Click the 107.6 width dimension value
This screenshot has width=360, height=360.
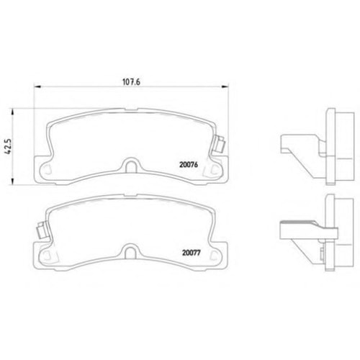pos(131,82)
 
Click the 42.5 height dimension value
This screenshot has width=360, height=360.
pos(9,146)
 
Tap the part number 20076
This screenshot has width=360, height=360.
pos(189,165)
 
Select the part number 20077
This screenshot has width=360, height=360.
pos(192,253)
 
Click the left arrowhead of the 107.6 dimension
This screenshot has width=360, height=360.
pos(38,86)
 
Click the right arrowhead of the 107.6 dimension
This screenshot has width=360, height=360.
pos(225,86)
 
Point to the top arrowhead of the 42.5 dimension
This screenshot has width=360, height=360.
pos(12,112)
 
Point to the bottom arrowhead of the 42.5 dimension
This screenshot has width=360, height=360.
pos(12,181)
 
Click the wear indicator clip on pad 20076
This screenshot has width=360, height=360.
pos(220,144)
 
